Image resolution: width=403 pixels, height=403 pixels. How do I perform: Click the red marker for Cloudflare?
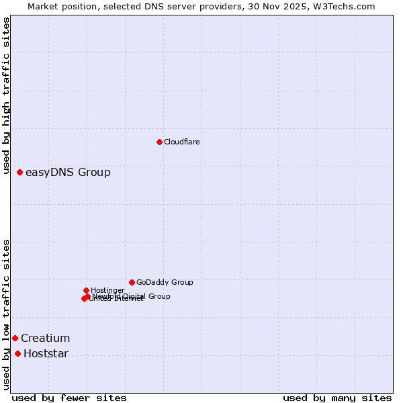tap(159, 142)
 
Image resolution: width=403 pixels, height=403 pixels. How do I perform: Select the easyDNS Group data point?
tap(20, 173)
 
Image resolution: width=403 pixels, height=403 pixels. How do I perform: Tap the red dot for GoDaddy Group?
tap(132, 282)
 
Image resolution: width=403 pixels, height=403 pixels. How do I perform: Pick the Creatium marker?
tap(15, 338)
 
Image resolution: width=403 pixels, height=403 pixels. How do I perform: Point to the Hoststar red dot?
tap(17, 353)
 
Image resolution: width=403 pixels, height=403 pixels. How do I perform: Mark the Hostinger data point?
tap(86, 290)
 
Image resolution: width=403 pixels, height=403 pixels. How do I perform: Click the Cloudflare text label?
tap(182, 142)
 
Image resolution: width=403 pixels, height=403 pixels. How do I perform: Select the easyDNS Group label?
tap(68, 173)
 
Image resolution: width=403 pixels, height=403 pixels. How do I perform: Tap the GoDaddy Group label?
tap(165, 283)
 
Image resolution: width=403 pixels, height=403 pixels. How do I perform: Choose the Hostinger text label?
tap(107, 290)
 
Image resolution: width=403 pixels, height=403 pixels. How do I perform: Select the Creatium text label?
tap(45, 339)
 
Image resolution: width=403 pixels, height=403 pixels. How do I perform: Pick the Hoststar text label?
tap(46, 354)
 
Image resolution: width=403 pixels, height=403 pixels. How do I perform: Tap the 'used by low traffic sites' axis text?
tap(7, 314)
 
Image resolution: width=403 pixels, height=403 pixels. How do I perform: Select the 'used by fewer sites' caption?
tap(69, 398)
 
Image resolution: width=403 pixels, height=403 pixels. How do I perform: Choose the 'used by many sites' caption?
tap(337, 398)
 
